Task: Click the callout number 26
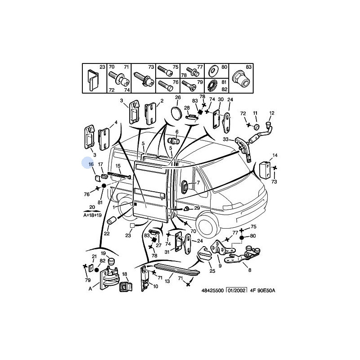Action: (x=177, y=97)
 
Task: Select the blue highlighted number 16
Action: (x=90, y=164)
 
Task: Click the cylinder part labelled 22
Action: (x=112, y=220)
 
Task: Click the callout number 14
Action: (x=275, y=155)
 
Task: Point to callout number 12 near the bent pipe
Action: (x=271, y=113)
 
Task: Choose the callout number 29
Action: (x=197, y=208)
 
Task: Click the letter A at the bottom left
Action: (x=90, y=289)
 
